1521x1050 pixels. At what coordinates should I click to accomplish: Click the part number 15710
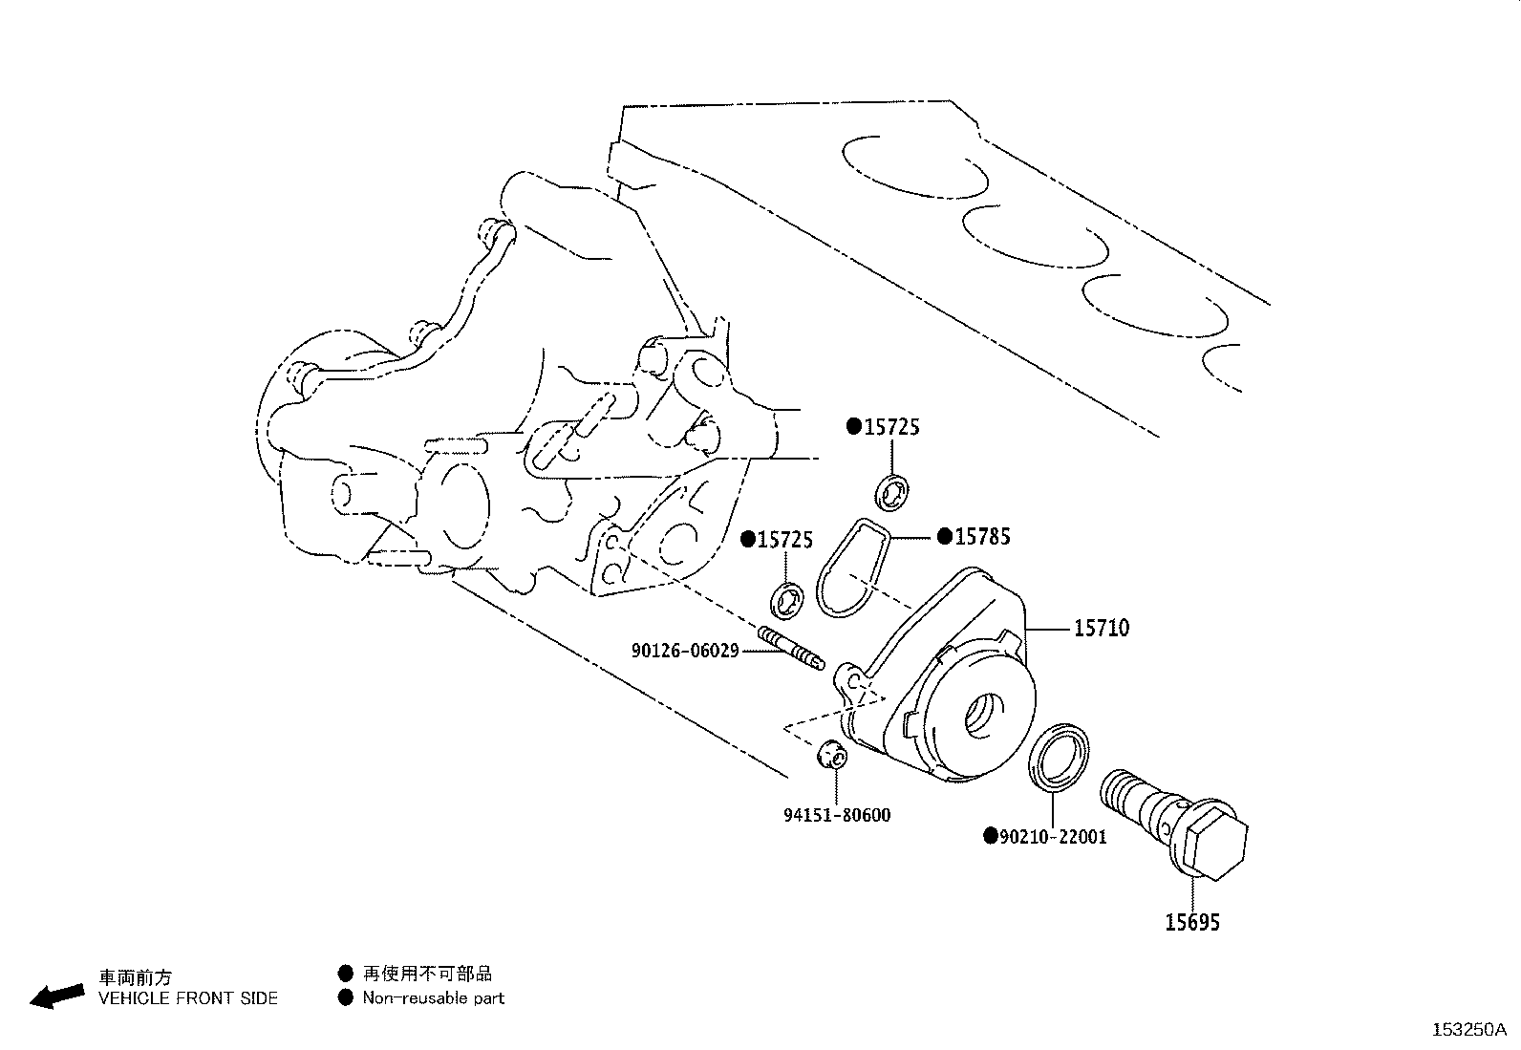point(1102,628)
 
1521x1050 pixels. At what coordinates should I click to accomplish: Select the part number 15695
point(1192,922)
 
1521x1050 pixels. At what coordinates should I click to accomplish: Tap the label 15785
point(982,537)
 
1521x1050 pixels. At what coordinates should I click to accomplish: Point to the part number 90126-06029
point(685,651)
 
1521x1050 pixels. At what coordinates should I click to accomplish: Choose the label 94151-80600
point(837,814)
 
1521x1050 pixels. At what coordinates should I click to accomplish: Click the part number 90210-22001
point(1053,836)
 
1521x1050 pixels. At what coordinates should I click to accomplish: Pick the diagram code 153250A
point(1469,1030)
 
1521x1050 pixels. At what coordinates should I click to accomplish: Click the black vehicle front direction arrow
point(57,996)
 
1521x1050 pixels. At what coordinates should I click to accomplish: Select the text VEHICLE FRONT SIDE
point(188,997)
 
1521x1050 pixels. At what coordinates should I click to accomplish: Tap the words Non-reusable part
point(433,997)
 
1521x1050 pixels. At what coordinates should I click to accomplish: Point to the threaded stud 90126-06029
point(791,648)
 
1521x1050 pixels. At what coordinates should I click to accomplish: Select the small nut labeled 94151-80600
point(832,755)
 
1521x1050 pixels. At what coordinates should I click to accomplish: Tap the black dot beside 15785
point(945,537)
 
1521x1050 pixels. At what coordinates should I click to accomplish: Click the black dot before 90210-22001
point(991,836)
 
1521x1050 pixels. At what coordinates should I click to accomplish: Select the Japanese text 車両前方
point(136,977)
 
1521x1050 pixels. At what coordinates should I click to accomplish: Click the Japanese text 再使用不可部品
point(427,974)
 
